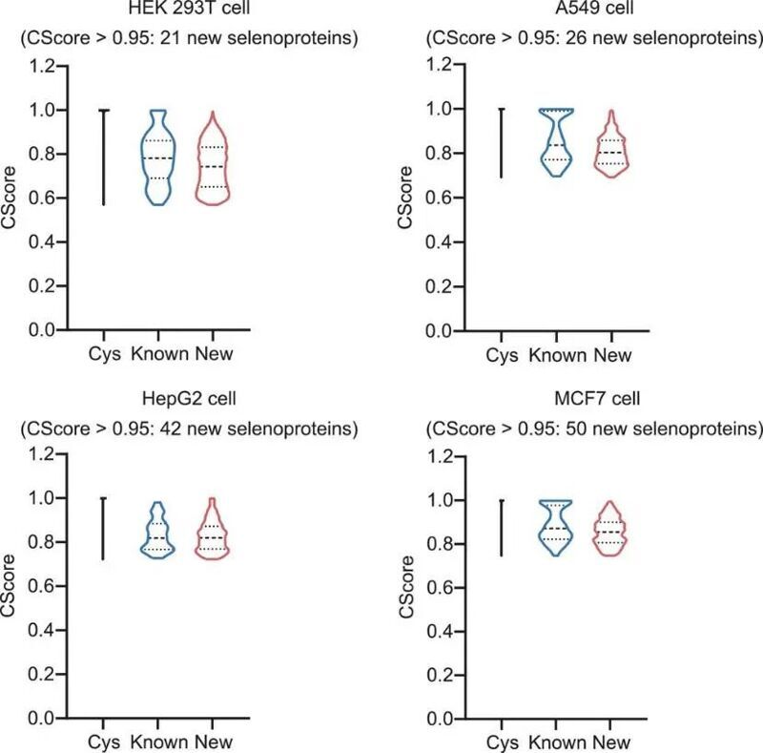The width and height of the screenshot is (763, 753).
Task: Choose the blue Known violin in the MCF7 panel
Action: (558, 528)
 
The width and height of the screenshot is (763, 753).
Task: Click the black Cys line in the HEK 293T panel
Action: (104, 157)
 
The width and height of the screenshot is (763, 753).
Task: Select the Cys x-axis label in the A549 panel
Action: (502, 355)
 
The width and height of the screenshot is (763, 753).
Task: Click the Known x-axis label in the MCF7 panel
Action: (558, 742)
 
